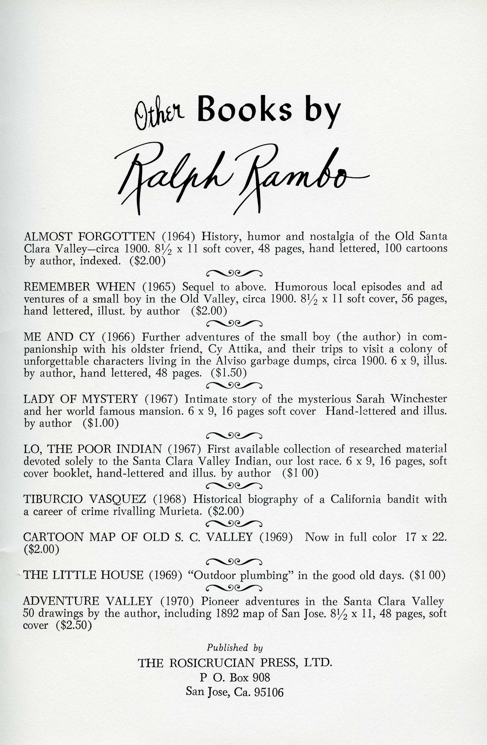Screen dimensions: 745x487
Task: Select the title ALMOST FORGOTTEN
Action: pos(89,236)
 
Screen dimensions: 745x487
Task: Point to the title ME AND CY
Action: pos(59,337)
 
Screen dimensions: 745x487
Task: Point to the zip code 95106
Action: pos(269,692)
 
